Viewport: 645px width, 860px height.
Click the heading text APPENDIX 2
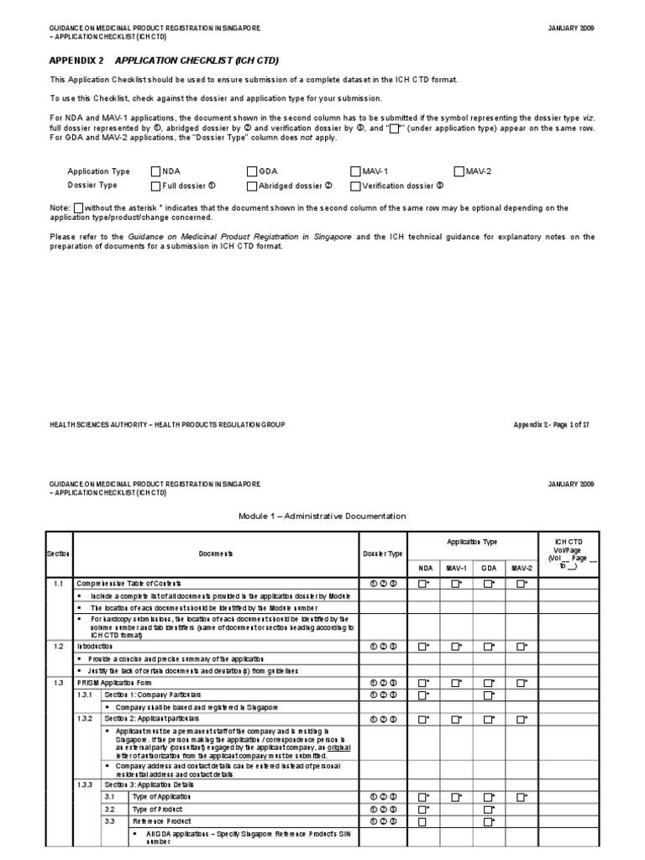(x=76, y=61)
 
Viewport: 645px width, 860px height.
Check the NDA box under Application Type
(x=155, y=170)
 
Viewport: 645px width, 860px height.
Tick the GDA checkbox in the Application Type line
(x=251, y=170)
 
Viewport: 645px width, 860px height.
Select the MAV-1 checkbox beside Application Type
(x=355, y=170)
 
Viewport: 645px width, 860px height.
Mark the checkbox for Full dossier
(x=155, y=186)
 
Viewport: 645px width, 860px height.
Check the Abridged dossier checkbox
(x=251, y=186)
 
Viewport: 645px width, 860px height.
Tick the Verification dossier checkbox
(x=355, y=186)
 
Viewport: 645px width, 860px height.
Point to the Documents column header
(x=216, y=553)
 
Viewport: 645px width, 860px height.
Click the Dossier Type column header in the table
(x=382, y=553)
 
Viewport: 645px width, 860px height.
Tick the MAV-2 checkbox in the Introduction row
(x=521, y=647)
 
